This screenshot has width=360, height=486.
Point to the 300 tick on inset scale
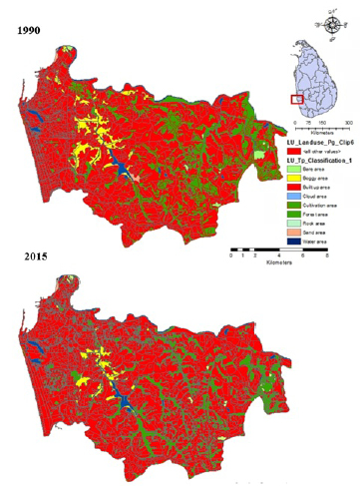(348, 122)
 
